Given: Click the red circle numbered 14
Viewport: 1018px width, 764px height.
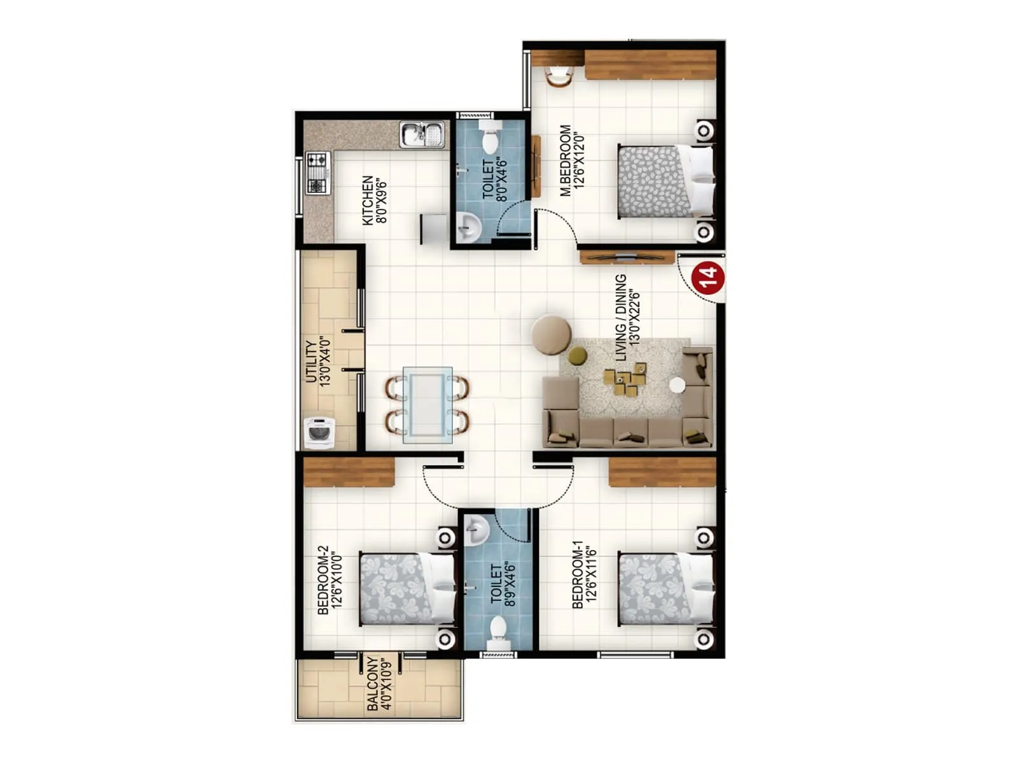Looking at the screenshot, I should (x=708, y=277).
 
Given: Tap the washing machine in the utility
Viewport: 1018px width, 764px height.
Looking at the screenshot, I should (x=319, y=433).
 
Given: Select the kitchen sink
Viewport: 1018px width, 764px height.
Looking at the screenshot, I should (x=422, y=135).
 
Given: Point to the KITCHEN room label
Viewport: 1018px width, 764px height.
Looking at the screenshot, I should (x=374, y=200).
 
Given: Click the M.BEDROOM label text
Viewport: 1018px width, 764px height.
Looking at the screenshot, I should (x=571, y=160).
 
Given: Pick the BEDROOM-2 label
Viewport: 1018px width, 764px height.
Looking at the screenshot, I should (x=330, y=579).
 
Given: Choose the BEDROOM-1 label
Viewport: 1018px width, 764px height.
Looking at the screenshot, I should (x=585, y=574).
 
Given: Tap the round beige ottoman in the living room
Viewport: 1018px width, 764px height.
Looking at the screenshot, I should (x=552, y=334).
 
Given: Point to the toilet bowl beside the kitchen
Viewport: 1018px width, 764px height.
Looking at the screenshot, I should (x=490, y=139).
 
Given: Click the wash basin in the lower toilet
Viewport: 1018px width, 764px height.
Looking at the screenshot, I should (x=476, y=530).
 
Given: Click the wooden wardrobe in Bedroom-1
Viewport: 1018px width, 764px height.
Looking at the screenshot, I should (x=662, y=472).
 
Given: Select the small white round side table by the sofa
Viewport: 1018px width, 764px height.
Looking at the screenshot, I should (x=677, y=385).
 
